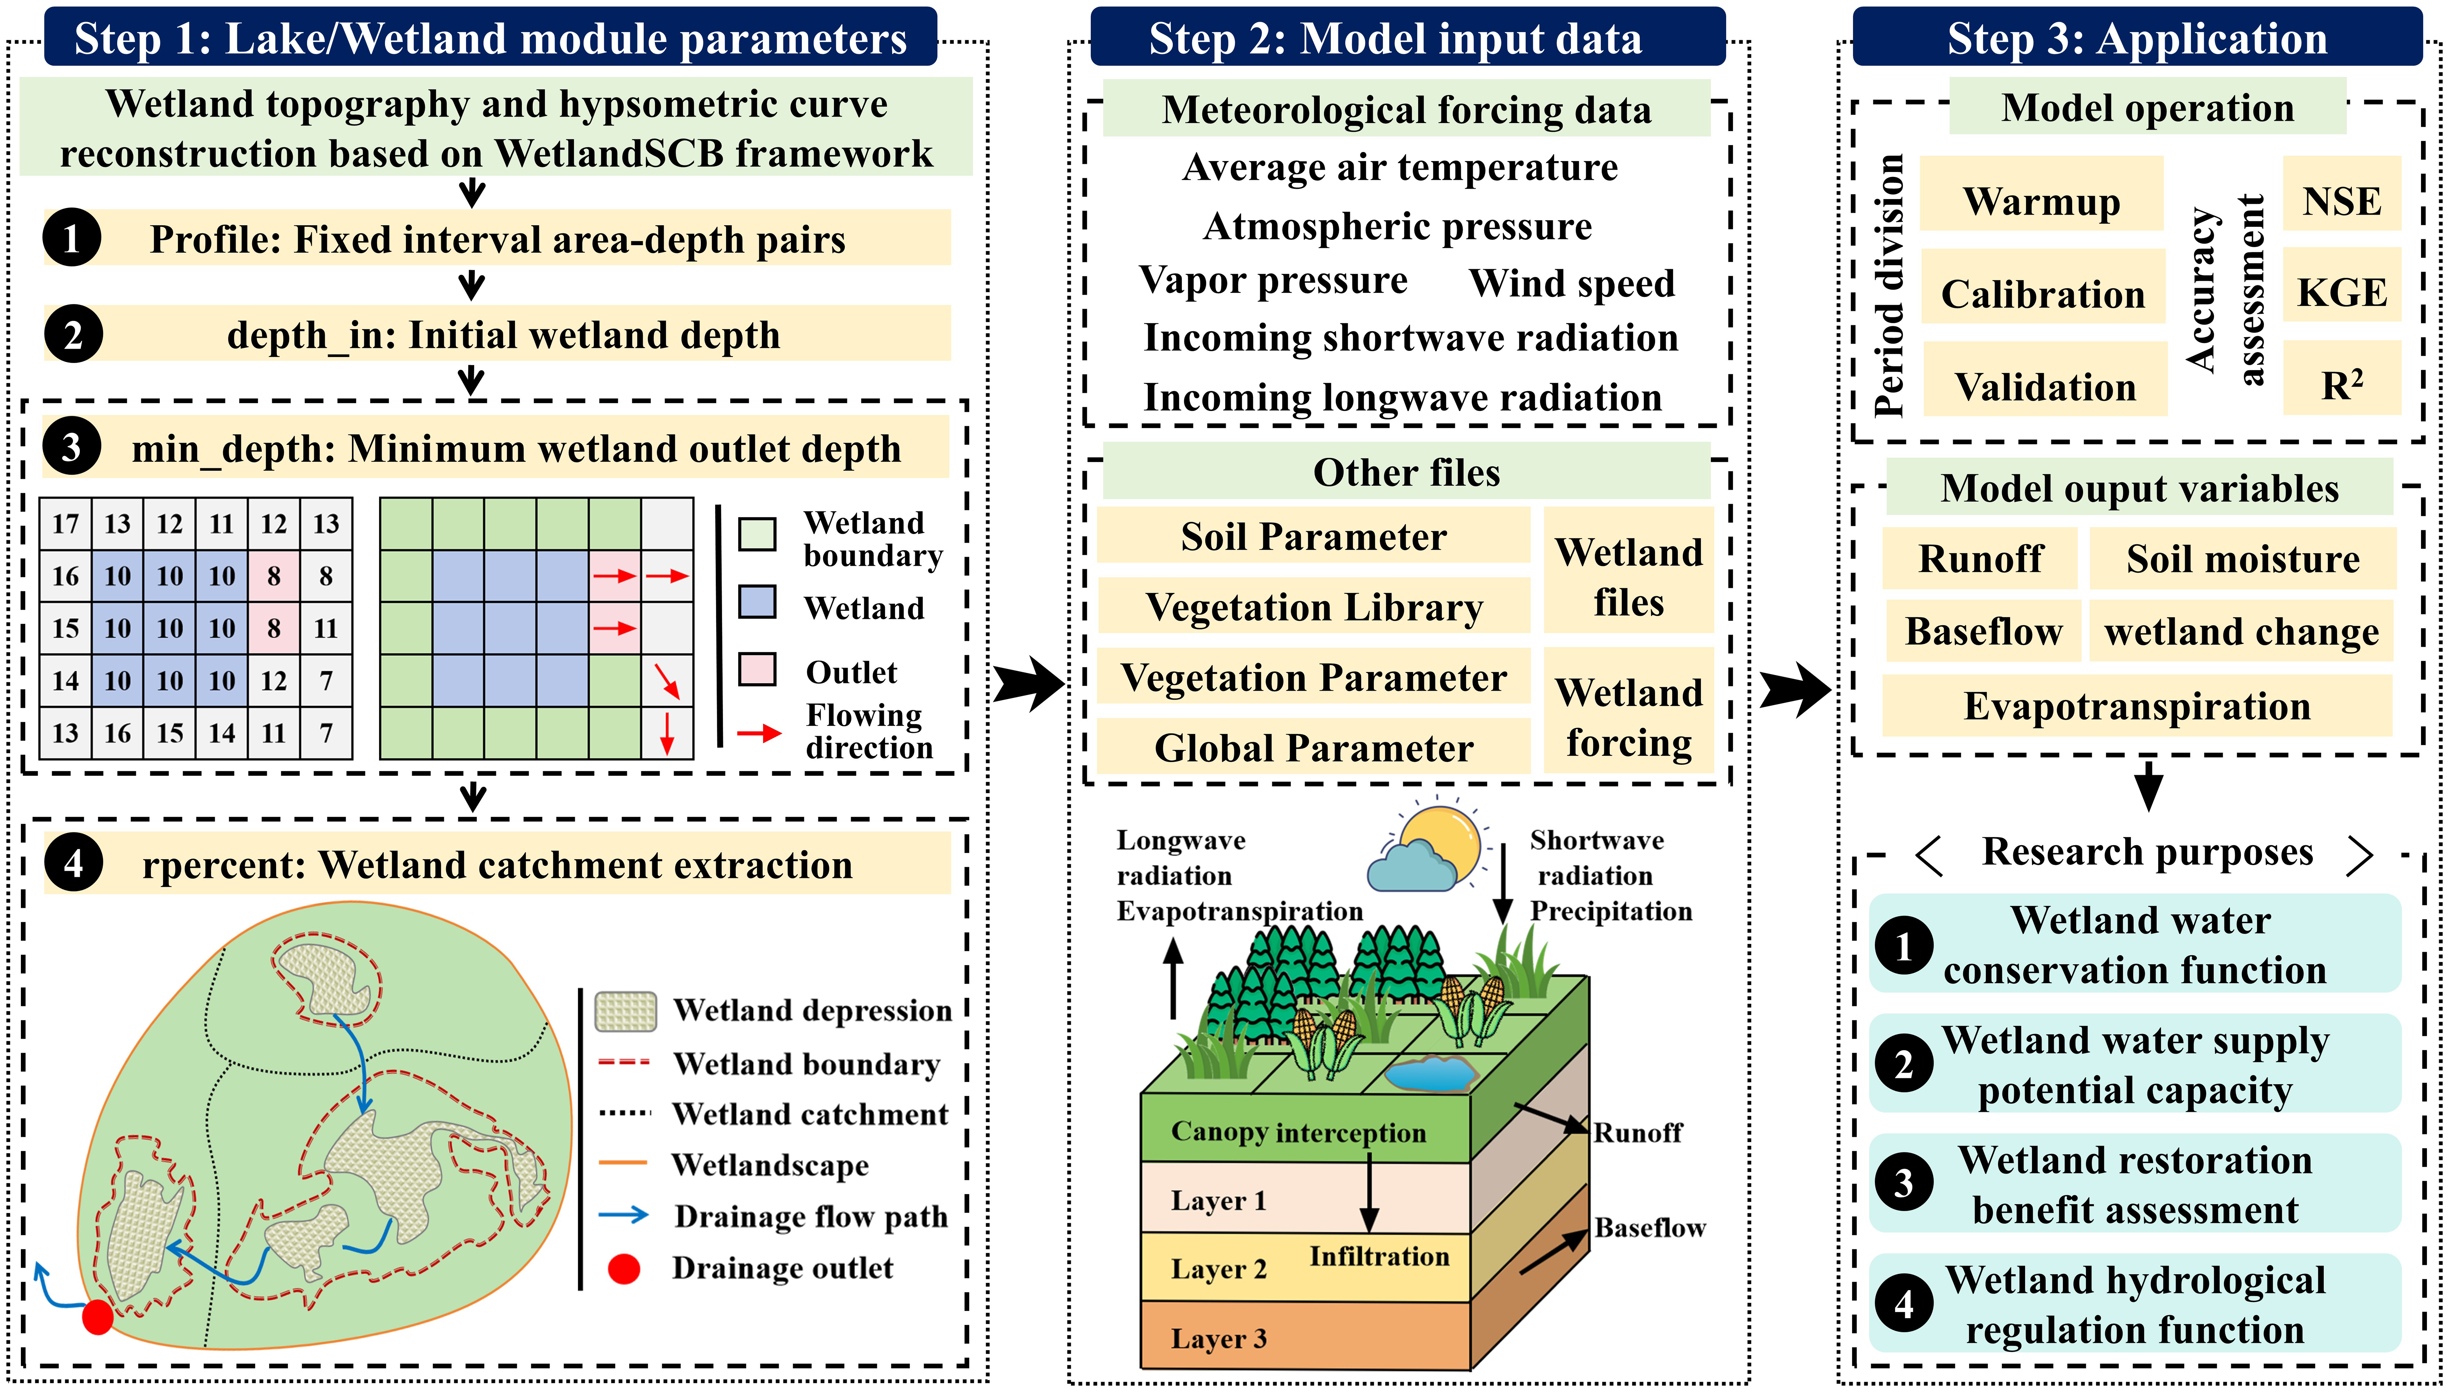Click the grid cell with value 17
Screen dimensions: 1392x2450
pyautogui.click(x=65, y=524)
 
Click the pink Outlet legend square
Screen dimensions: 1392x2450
pyautogui.click(x=756, y=669)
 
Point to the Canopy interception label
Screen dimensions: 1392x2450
pyautogui.click(x=1298, y=1132)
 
